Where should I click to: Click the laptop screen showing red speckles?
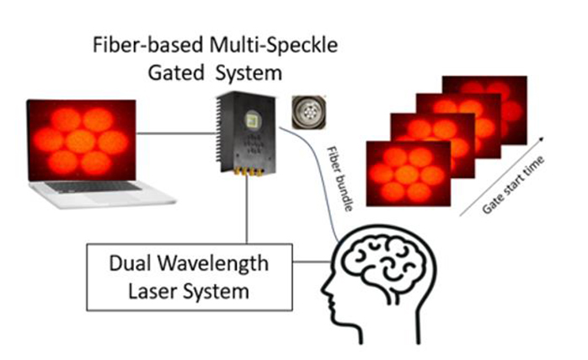pyautogui.click(x=81, y=140)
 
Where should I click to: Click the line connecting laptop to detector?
pyautogui.click(x=175, y=132)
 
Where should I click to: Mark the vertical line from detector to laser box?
pyautogui.click(x=247, y=211)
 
